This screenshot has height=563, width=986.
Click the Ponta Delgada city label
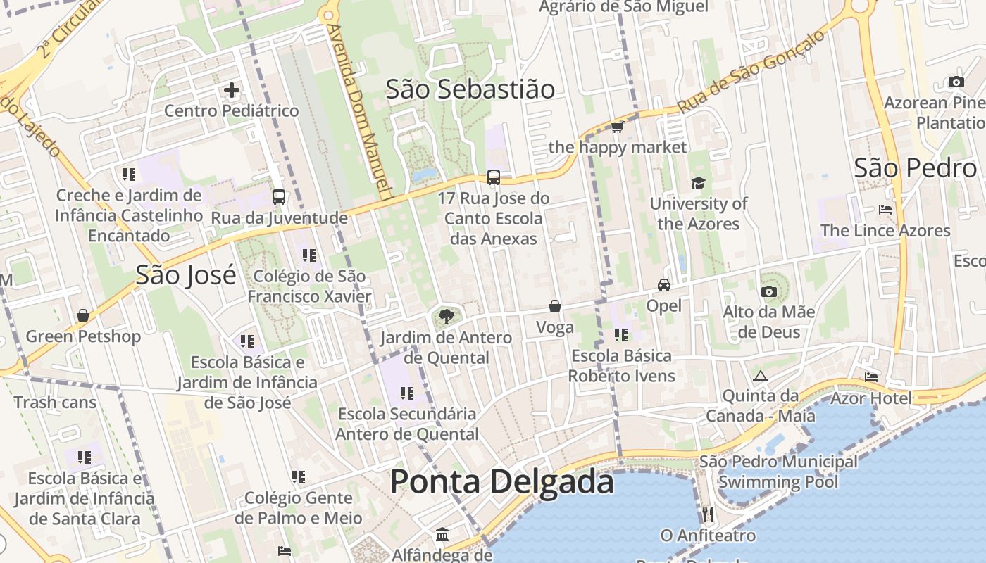pyautogui.click(x=501, y=482)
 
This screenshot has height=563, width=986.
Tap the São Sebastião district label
pyautogui.click(x=470, y=89)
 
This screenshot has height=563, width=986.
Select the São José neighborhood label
pyautogui.click(x=186, y=274)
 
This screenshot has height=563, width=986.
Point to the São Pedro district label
pyautogui.click(x=915, y=168)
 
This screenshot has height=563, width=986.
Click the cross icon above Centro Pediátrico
pyautogui.click(x=232, y=90)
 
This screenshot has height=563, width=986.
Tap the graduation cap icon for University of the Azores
pyautogui.click(x=698, y=183)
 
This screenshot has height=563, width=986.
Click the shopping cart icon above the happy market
pyautogui.click(x=618, y=127)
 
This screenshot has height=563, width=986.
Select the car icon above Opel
pyautogui.click(x=663, y=285)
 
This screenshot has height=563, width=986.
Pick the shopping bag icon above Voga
pyautogui.click(x=555, y=306)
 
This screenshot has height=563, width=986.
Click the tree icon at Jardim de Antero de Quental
pyautogui.click(x=446, y=317)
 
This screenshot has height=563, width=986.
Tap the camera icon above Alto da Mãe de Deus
pyautogui.click(x=768, y=291)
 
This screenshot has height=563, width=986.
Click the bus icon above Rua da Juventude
pyautogui.click(x=279, y=197)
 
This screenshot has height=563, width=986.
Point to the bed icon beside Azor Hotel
pyautogui.click(x=871, y=377)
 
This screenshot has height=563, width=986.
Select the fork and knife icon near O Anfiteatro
pyautogui.click(x=708, y=514)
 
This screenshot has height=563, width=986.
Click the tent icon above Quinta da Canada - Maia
pyautogui.click(x=759, y=376)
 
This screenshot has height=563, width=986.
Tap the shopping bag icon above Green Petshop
pyautogui.click(x=83, y=315)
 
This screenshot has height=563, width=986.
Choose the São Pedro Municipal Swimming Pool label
pyautogui.click(x=778, y=472)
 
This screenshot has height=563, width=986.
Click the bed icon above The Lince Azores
pyautogui.click(x=885, y=210)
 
